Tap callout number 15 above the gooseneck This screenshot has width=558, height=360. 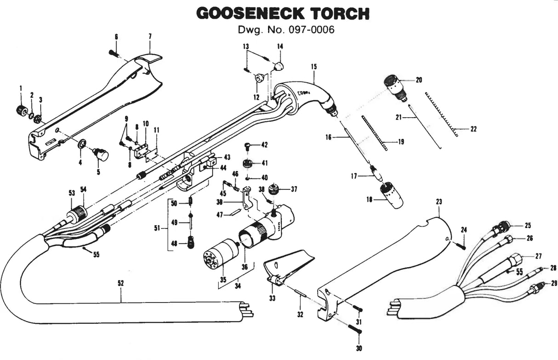[314, 67]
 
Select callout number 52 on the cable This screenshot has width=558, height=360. [120, 284]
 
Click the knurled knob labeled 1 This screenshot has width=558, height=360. [21, 110]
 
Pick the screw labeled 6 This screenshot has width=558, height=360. [115, 53]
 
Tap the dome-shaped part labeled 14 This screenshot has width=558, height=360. [278, 65]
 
